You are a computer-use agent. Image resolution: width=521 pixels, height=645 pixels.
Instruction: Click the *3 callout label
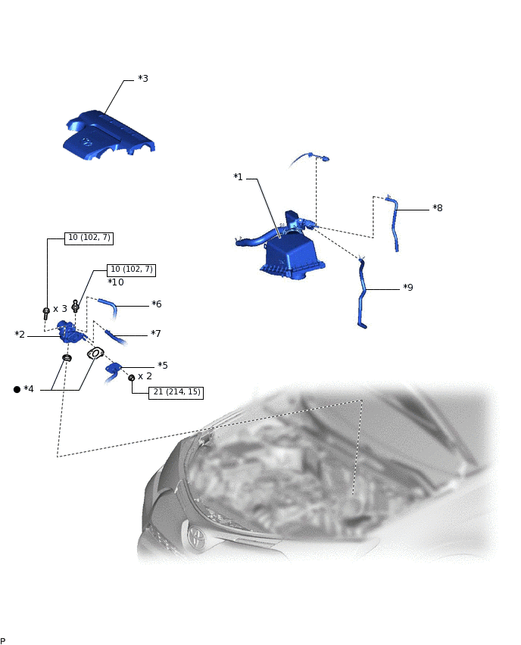point(143,79)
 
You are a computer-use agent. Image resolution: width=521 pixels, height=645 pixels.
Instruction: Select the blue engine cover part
point(108,135)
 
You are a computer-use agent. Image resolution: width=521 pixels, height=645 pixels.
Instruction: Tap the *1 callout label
point(238,177)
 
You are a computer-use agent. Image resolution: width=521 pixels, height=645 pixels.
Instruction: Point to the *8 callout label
point(438,208)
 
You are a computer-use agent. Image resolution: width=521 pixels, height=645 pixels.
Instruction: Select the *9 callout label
point(408,288)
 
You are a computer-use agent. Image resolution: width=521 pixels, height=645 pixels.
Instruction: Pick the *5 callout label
point(163,366)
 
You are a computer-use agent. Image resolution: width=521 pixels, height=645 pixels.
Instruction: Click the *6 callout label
point(157,304)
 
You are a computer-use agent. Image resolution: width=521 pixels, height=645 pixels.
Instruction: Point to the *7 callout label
point(155,334)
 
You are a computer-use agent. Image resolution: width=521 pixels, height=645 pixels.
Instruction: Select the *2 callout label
point(20,335)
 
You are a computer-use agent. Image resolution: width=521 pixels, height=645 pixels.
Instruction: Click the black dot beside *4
point(17,389)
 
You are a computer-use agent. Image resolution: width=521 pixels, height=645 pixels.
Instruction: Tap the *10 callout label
point(116,282)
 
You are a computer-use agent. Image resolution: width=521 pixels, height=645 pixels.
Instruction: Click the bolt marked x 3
point(46,313)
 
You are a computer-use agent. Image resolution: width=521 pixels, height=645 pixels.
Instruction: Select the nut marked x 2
point(131,378)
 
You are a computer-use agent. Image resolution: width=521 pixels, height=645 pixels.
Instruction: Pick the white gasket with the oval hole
point(95,354)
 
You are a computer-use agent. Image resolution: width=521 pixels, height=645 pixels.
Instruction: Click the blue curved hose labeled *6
point(108,307)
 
